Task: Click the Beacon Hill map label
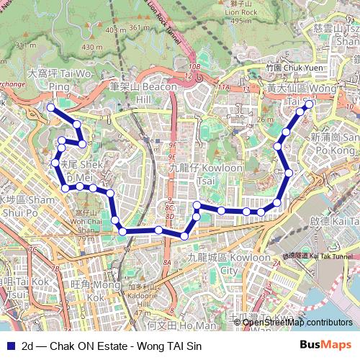pyautogui.click(x=143, y=92)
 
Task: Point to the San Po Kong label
pyautogui.click(x=335, y=143)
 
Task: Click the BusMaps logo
pyautogui.click(x=325, y=345)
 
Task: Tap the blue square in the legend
pyautogui.click(x=10, y=346)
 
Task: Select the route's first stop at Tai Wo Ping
pyautogui.click(x=51, y=108)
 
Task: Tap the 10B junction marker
pyautogui.click(x=194, y=67)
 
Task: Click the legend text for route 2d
pyautogui.click(x=112, y=346)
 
